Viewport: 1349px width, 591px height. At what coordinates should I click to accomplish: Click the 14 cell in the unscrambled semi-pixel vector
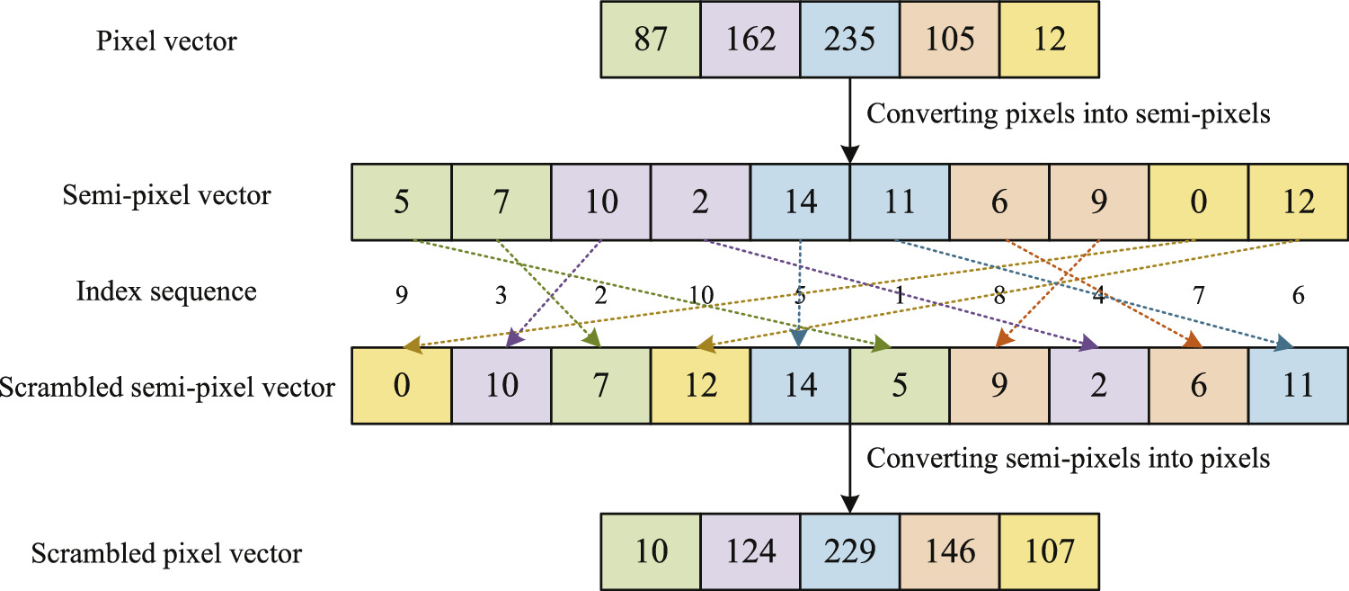799,201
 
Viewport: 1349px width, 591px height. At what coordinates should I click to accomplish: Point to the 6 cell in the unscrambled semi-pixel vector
998,201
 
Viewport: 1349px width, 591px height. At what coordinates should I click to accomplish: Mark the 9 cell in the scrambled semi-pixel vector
998,386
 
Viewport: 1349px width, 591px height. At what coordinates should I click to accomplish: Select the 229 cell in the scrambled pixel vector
848,551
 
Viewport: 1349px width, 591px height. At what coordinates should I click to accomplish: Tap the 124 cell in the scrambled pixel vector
749,551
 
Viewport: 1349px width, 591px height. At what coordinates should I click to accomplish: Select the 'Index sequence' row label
167,291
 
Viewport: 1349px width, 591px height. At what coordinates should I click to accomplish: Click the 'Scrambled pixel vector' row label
167,553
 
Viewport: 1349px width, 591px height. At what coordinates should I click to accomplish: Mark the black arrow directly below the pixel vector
848,117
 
